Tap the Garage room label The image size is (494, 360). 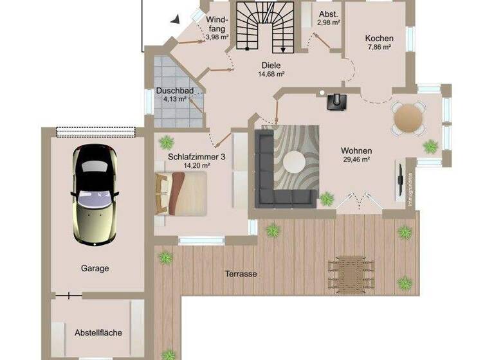click(95, 268)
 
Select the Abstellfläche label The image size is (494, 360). click(98, 332)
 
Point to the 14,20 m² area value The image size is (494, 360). click(197, 165)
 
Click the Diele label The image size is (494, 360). click(271, 65)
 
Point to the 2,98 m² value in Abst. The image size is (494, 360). click(328, 23)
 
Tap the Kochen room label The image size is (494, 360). click(379, 39)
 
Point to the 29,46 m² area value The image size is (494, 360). click(356, 159)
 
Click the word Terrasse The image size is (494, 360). click(241, 274)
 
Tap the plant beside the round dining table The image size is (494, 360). click(429, 147)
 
